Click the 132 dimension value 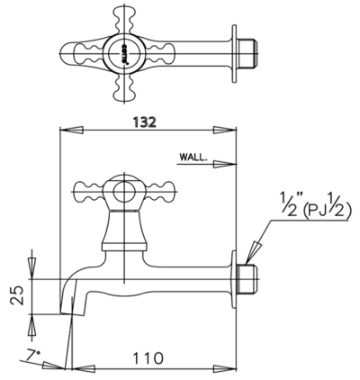click(145, 122)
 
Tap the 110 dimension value click(148, 358)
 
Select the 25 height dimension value click(17, 295)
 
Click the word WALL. click(193, 157)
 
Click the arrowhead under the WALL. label click(225, 164)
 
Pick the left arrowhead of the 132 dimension click(72, 130)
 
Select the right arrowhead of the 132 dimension click(225, 130)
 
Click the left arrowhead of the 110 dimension click(84, 368)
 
